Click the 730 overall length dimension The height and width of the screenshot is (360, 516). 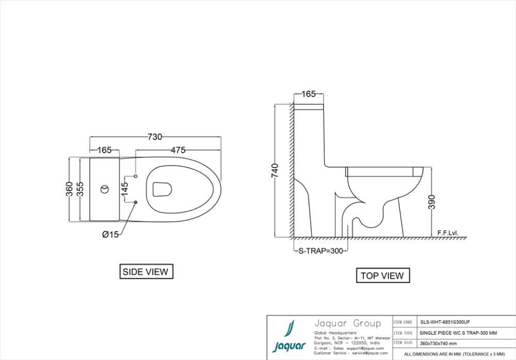point(155,137)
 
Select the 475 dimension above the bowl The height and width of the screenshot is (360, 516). point(178,150)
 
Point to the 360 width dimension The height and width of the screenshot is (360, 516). point(69,189)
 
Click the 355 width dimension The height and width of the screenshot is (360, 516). point(80,189)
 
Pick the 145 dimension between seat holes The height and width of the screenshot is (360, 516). point(124,189)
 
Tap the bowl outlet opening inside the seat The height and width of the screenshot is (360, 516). point(162,189)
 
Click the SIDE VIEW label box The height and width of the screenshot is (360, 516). point(146,272)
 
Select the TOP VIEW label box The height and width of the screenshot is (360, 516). point(382,276)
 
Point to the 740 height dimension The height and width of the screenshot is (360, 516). point(275,170)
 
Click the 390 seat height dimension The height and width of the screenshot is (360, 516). point(432,202)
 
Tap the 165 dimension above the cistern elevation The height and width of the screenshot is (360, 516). point(308,94)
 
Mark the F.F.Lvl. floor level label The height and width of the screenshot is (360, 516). point(448,233)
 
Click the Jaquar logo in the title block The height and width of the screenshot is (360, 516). point(289,337)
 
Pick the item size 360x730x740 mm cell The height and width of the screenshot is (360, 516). point(438,343)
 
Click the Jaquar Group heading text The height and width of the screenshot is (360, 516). point(347,323)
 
